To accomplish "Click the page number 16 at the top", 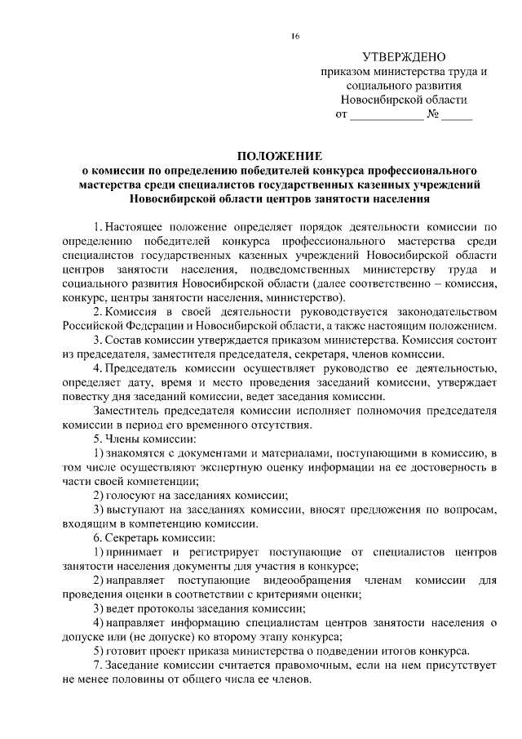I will click(295, 36).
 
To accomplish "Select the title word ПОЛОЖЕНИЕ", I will click(280, 155).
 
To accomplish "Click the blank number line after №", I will click(458, 115).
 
